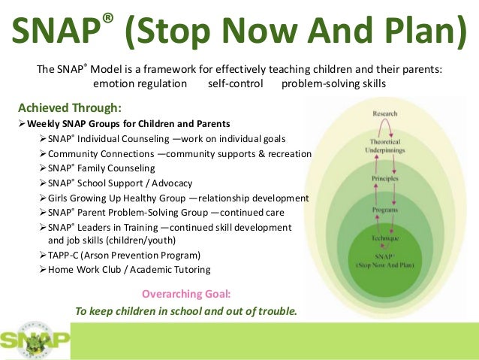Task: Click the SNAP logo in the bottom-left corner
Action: [35, 339]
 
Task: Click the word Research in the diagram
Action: [384, 113]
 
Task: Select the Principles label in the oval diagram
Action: [384, 179]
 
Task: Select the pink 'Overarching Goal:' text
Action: [187, 293]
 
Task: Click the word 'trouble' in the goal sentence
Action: [275, 310]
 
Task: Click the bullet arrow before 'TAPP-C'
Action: [42, 256]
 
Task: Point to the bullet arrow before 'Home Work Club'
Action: [42, 270]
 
